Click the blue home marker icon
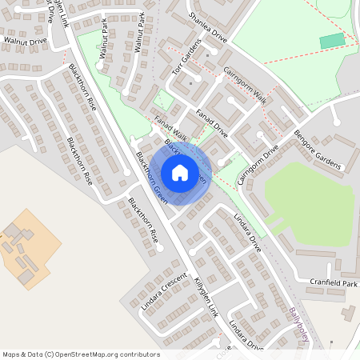(x=180, y=172)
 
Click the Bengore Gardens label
(x=318, y=150)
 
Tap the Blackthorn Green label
(x=151, y=177)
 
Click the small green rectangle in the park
(x=332, y=41)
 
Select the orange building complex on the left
(x=27, y=250)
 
